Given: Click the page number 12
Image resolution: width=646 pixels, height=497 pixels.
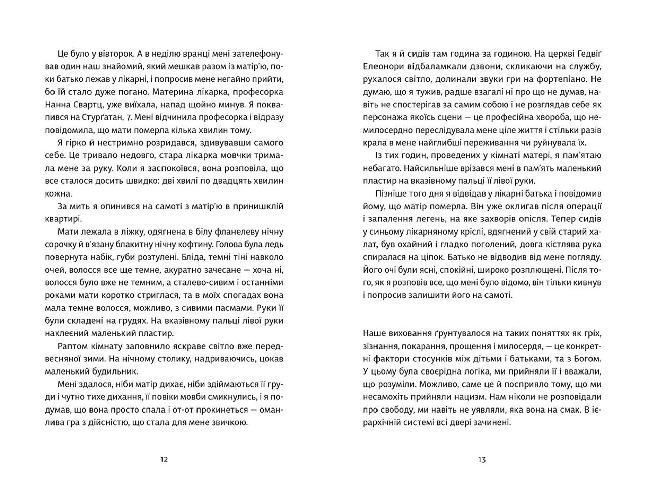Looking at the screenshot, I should pos(164,459).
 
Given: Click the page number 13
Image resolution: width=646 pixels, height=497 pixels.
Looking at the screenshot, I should pos(482,459).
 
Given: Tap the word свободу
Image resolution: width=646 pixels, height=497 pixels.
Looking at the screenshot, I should pos(395,410).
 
